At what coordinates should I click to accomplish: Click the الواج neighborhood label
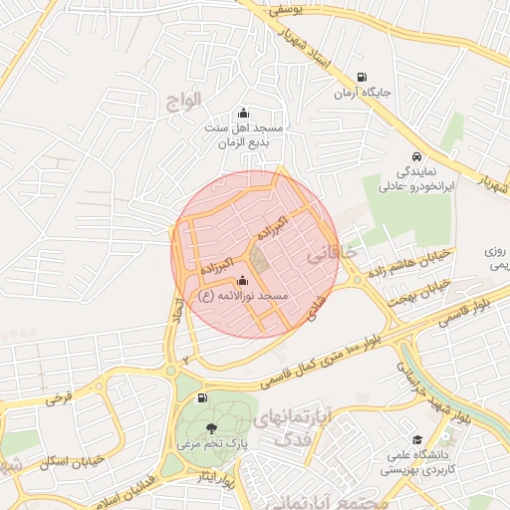185,100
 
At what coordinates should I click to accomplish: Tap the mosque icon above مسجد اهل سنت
244,113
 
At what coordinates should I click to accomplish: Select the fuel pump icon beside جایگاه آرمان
361,77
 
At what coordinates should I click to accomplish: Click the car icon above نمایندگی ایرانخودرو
416,156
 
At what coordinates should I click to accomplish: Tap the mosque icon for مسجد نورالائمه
243,282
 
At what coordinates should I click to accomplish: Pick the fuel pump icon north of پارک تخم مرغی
204,398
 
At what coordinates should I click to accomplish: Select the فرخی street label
59,398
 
